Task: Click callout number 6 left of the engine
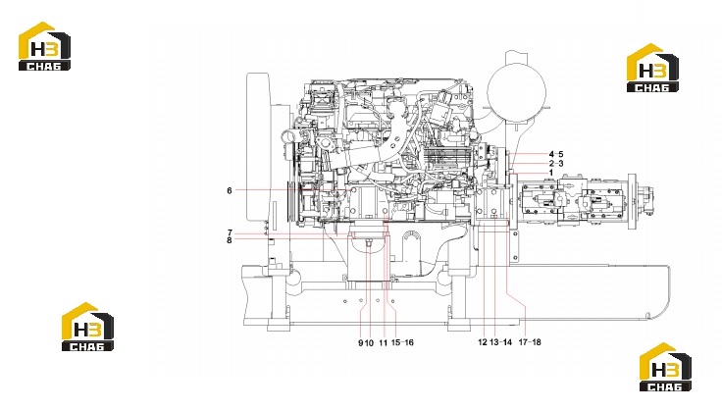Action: click(x=230, y=190)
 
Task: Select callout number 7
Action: click(x=230, y=232)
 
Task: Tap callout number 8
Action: click(x=230, y=239)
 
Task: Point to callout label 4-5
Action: click(x=556, y=154)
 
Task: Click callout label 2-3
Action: click(x=556, y=164)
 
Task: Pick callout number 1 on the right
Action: click(x=551, y=173)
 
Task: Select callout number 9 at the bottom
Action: click(x=361, y=342)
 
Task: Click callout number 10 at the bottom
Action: click(x=369, y=342)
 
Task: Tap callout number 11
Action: click(x=384, y=342)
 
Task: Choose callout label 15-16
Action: click(x=402, y=342)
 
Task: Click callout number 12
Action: click(x=483, y=342)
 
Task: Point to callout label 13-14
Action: click(x=501, y=342)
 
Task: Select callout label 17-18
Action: click(x=530, y=342)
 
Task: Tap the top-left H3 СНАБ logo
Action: click(x=44, y=46)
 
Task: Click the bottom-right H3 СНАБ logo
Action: click(x=665, y=367)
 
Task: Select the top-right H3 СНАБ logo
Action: click(x=653, y=68)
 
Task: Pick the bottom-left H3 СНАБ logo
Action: click(x=87, y=327)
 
